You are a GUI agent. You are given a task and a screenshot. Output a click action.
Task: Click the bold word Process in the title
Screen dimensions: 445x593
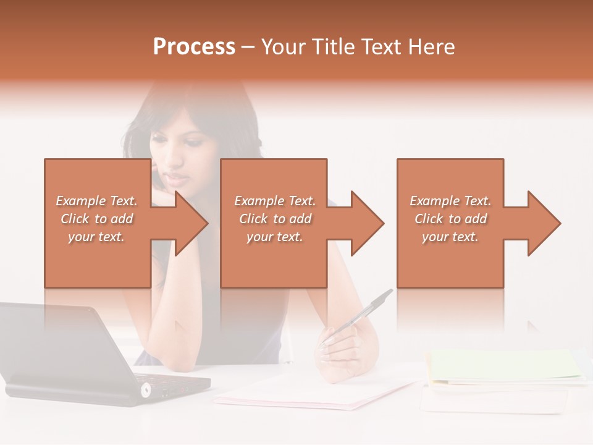tap(194, 47)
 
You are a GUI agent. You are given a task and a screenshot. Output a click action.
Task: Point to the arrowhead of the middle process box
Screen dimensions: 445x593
tap(366, 223)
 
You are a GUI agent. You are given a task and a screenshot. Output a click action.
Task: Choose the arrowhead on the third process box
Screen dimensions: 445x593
tap(543, 223)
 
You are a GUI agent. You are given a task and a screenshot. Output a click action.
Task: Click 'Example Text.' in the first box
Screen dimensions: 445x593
tap(97, 201)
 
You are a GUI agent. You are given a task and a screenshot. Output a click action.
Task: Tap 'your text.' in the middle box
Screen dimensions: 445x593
tap(275, 237)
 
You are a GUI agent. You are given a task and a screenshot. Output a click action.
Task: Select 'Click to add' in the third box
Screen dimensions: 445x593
tap(451, 219)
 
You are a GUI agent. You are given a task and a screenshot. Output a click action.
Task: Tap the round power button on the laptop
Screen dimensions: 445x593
tap(146, 389)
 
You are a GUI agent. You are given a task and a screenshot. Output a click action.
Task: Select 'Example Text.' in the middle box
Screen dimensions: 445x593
tap(275, 201)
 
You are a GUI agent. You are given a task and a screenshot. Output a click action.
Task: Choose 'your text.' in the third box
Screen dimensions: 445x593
tap(450, 237)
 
